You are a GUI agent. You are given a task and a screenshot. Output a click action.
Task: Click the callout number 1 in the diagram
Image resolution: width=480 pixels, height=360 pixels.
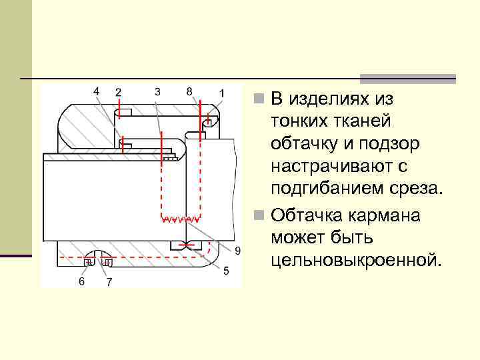click(222, 92)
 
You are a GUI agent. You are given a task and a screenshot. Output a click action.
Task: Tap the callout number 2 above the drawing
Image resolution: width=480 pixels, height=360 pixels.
click(119, 92)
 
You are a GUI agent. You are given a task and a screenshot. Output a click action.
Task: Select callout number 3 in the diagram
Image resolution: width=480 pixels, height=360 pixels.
click(157, 91)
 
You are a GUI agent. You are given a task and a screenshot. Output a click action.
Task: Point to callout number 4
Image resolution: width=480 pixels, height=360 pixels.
click(97, 90)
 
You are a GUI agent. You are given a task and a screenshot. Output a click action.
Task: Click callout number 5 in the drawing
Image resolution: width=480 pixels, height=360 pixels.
click(227, 271)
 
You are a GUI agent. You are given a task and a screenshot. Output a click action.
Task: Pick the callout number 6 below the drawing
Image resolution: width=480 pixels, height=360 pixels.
click(81, 281)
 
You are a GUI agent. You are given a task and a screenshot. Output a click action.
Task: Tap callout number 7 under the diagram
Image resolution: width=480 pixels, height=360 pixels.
click(109, 282)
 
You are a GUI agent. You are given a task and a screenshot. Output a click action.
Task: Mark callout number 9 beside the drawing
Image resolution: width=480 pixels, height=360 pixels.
click(238, 250)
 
